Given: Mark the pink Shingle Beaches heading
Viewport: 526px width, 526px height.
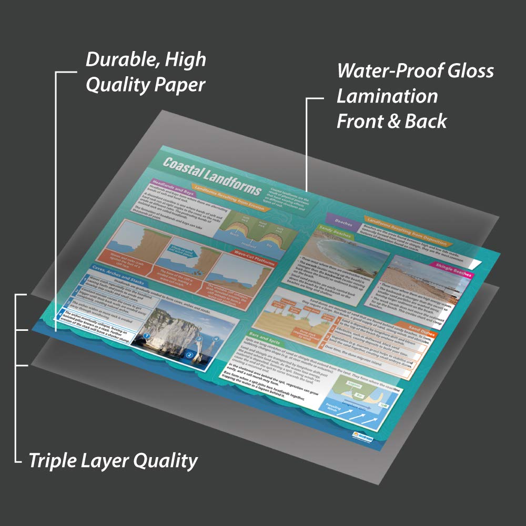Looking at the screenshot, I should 452,268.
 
